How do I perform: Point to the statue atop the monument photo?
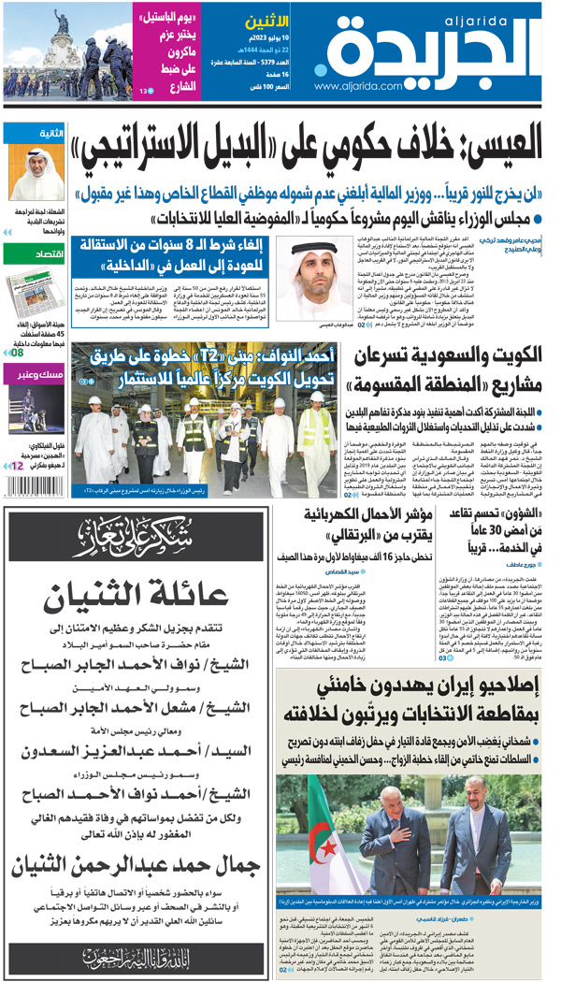pos(64,21)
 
